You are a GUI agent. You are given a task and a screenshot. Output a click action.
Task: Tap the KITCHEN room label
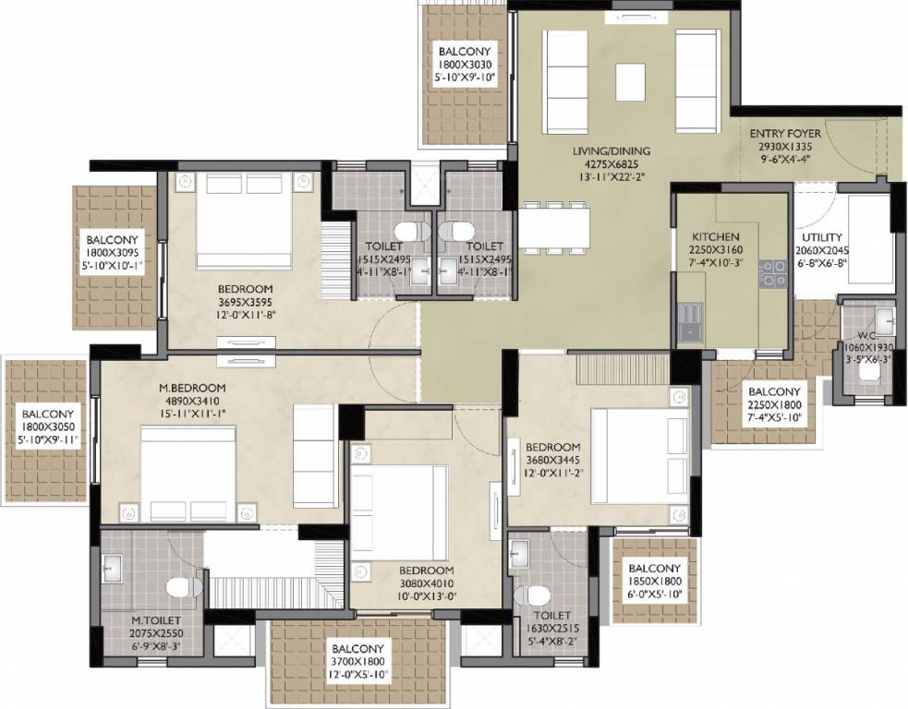click(x=714, y=236)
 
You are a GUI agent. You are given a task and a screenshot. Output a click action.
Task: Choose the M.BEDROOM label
click(x=191, y=388)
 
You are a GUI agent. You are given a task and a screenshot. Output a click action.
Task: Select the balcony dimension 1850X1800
click(x=654, y=583)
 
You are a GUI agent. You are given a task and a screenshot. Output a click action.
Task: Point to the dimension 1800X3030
click(x=466, y=66)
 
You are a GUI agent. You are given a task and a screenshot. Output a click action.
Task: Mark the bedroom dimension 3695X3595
click(x=244, y=301)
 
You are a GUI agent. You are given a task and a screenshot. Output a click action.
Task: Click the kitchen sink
click(x=688, y=322)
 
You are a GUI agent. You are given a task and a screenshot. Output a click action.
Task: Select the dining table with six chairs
click(x=554, y=226)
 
